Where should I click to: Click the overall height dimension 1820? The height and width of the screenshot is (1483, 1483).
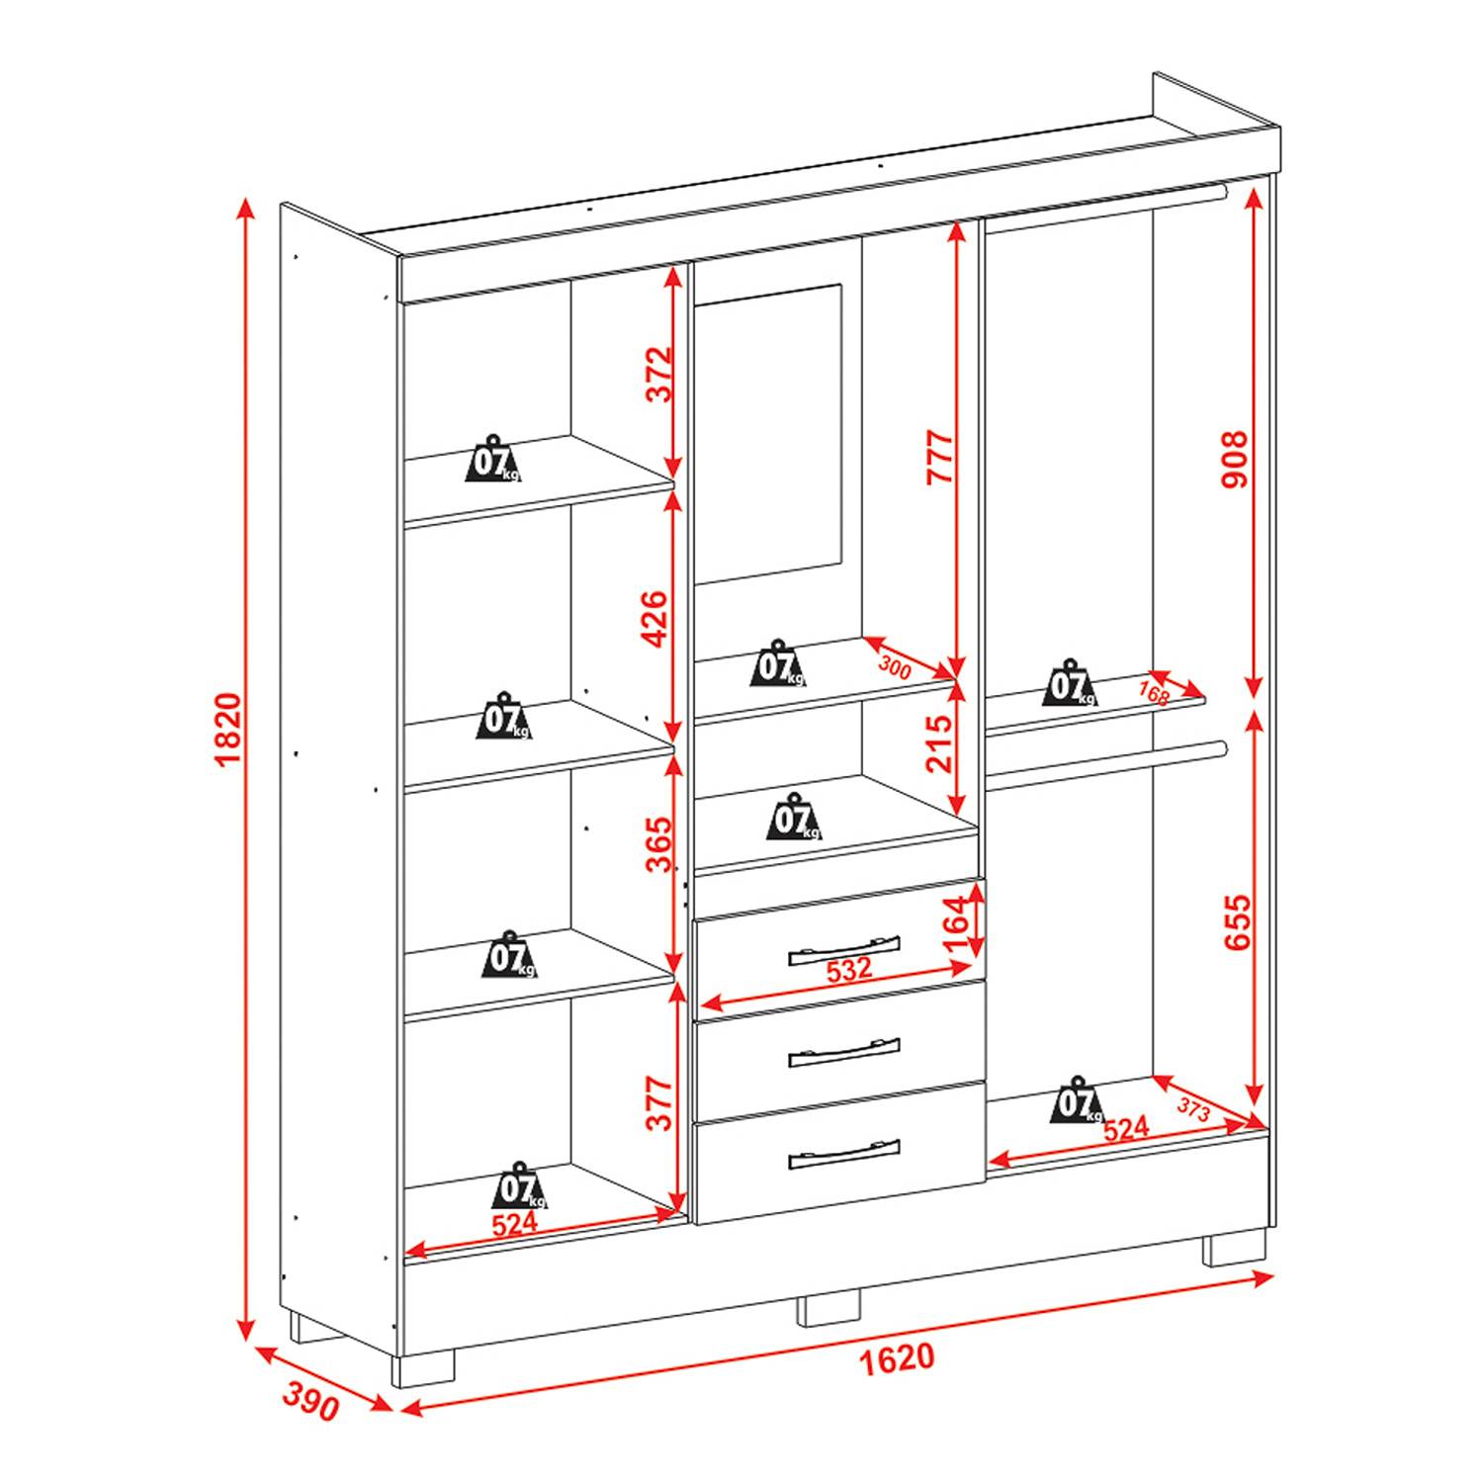tap(226, 730)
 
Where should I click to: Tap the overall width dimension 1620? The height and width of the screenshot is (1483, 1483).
tap(896, 1358)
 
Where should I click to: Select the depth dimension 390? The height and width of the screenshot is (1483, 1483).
tap(311, 1400)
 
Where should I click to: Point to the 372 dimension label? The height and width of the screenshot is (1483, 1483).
tap(658, 373)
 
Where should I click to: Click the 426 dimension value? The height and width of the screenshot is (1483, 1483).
tap(656, 619)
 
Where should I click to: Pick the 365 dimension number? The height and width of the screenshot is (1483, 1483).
tap(658, 844)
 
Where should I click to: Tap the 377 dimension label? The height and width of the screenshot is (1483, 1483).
tap(658, 1103)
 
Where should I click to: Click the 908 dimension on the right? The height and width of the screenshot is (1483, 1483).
tap(1235, 459)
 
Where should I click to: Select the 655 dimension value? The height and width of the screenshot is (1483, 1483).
tap(1237, 922)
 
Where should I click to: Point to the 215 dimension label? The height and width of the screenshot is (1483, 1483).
tap(939, 743)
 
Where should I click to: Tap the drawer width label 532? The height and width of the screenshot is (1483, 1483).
tap(848, 970)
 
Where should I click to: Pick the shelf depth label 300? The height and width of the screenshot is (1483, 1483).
tap(895, 667)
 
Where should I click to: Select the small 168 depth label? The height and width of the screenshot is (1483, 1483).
tap(1154, 693)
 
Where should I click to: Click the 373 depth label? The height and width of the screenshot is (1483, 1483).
tap(1193, 1109)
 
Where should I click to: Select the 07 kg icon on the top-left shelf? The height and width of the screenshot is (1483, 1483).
tap(494, 459)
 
